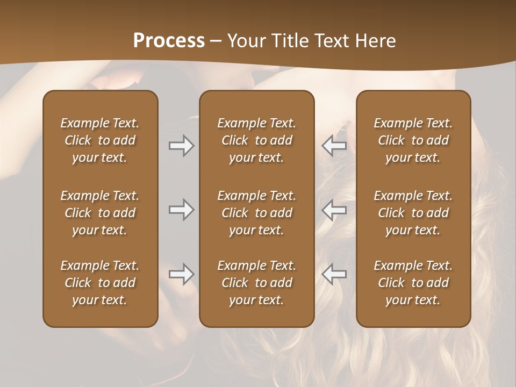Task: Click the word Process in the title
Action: (x=169, y=41)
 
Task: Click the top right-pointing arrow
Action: (x=182, y=146)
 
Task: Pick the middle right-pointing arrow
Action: (x=182, y=210)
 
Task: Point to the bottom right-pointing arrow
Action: (x=182, y=274)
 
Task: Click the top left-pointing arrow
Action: (x=334, y=146)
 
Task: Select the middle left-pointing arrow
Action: (x=334, y=210)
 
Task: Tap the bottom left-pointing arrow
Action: (x=334, y=274)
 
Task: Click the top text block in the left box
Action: (x=100, y=140)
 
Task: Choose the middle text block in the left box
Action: (x=100, y=213)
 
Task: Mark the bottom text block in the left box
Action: (x=100, y=283)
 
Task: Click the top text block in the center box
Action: (x=257, y=140)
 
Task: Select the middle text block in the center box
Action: (x=257, y=213)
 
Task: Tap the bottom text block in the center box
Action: (x=257, y=283)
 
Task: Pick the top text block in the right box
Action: (x=413, y=140)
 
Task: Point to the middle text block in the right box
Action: (x=413, y=213)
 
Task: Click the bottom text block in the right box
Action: (x=413, y=283)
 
